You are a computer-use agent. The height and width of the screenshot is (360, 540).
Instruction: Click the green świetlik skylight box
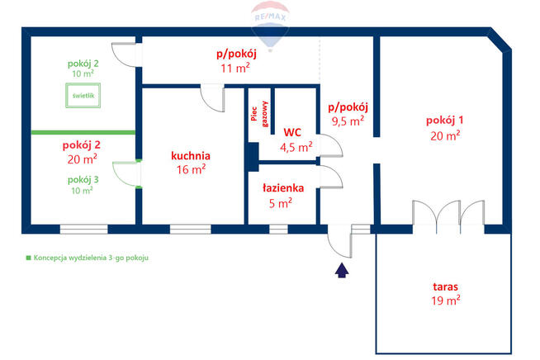click(83, 96)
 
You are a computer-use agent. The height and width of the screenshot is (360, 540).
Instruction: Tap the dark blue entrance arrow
click(342, 271)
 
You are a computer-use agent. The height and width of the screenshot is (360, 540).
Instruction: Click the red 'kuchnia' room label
click(191, 156)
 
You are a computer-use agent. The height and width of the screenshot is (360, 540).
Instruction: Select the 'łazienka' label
click(283, 188)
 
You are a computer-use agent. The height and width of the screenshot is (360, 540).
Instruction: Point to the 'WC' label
click(292, 132)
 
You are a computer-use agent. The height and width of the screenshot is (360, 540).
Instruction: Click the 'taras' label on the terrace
click(445, 287)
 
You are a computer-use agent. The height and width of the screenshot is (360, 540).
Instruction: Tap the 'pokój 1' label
click(444, 121)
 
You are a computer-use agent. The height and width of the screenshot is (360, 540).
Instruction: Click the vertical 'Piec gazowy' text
click(259, 114)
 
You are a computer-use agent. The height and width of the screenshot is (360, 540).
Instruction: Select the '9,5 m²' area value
click(348, 121)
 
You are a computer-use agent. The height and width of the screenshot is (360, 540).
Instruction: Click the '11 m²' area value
click(235, 68)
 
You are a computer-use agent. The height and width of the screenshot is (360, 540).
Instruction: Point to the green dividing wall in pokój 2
click(83, 132)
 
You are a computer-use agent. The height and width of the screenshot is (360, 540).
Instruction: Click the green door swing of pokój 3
click(124, 174)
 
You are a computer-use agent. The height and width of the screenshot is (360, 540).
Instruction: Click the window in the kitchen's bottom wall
click(191, 229)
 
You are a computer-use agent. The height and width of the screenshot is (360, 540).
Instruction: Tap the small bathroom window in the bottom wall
click(278, 229)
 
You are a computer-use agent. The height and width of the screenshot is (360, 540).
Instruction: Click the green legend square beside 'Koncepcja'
click(29, 258)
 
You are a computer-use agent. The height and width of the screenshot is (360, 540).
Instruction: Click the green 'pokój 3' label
click(83, 179)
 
